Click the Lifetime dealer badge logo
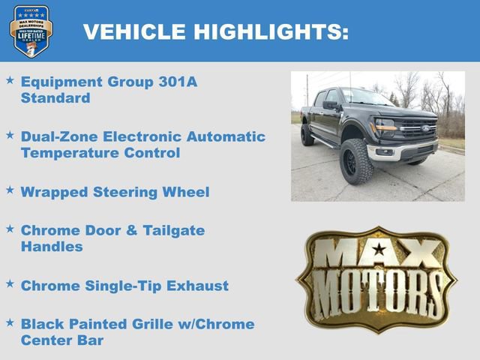[31, 31]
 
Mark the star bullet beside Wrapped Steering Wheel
[10, 190]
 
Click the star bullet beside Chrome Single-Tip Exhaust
[10, 283]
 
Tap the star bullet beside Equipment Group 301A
[10, 79]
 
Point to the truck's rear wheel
[307, 135]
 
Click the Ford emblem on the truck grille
[425, 128]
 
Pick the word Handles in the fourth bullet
[52, 246]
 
